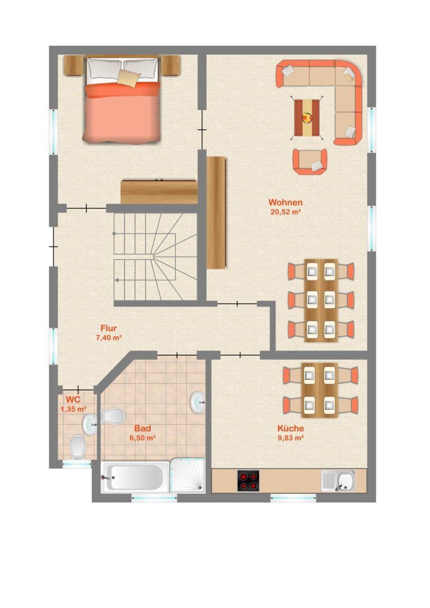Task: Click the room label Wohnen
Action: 285,202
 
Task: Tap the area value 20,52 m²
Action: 286,212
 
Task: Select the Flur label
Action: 109,328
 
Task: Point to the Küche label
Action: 291,428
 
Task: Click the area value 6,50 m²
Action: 142,438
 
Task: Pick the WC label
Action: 73,399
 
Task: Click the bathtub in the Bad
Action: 135,477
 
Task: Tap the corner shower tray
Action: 188,475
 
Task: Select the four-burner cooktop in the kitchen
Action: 248,481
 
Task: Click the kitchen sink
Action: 338,481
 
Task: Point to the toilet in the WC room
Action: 78,447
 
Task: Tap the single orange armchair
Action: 309,161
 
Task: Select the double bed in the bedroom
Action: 122,100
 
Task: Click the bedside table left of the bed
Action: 74,65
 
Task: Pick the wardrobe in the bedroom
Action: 159,191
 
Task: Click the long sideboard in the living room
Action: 216,213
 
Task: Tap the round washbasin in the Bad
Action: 198,402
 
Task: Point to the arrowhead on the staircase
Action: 116,279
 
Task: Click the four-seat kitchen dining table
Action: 319,390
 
